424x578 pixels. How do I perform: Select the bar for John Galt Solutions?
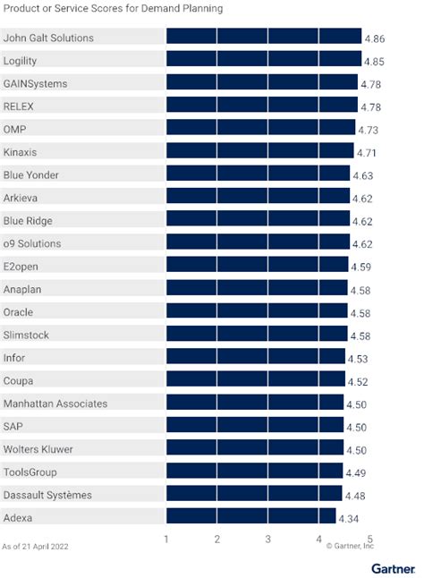tap(263, 38)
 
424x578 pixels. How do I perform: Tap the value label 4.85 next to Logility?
tap(375, 61)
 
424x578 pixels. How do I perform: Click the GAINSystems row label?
tap(36, 83)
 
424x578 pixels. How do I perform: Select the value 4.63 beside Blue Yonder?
tap(363, 176)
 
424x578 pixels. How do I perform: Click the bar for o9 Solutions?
tap(258, 243)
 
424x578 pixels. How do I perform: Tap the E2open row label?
tap(22, 267)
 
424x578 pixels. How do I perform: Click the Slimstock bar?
tap(257, 335)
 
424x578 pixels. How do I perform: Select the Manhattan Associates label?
tap(55, 404)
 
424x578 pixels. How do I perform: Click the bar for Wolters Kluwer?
tap(255, 449)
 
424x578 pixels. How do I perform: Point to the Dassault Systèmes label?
tap(47, 495)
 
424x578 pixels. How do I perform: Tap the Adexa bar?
tap(250, 517)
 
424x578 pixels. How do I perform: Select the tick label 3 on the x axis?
tap(267, 540)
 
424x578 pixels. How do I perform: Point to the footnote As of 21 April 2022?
tap(36, 545)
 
